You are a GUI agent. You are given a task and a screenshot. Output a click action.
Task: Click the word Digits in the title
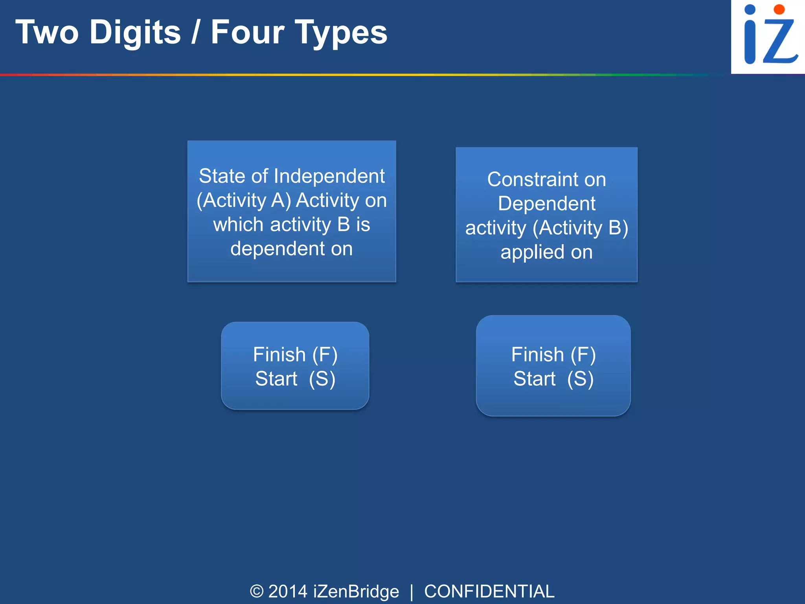click(x=135, y=33)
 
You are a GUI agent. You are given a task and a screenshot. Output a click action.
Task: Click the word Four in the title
click(x=247, y=32)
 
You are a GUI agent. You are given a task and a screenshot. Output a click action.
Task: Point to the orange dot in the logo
click(x=779, y=9)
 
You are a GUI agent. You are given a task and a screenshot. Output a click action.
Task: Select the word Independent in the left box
click(x=329, y=176)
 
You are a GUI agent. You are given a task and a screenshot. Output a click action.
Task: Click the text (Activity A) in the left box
click(x=244, y=200)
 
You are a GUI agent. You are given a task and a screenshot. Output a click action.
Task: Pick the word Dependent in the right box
click(x=546, y=204)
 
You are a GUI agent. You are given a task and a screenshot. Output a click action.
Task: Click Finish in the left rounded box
click(x=279, y=355)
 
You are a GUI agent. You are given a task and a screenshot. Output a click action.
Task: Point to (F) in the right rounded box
click(x=583, y=355)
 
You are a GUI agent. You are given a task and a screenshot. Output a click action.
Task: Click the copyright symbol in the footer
click(x=257, y=591)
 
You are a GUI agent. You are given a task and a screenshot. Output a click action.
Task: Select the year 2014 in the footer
click(x=288, y=591)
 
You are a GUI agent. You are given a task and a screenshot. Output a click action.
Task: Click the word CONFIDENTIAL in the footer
click(x=489, y=591)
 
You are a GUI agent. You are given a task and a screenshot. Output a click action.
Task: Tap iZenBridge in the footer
click(x=356, y=591)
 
